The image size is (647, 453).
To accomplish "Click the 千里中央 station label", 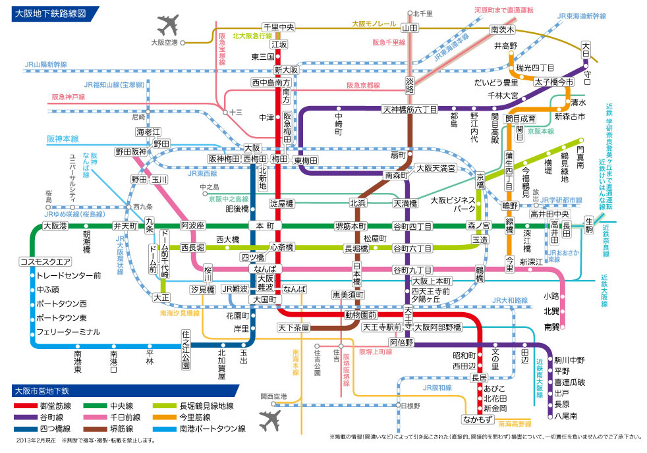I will pyautogui.click(x=278, y=28).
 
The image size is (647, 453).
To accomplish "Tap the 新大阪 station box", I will pyautogui.click(x=287, y=70).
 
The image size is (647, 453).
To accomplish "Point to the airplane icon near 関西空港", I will pyautogui.click(x=270, y=419).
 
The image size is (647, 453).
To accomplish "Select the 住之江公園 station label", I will pyautogui.click(x=186, y=350).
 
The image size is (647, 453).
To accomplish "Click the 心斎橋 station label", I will pyautogui.click(x=283, y=248).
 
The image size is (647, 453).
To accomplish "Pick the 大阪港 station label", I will pyautogui.click(x=55, y=226).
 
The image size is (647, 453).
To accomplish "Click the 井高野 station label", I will pyautogui.click(x=506, y=46).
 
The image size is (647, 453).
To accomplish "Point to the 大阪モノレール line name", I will pyautogui.click(x=372, y=23).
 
